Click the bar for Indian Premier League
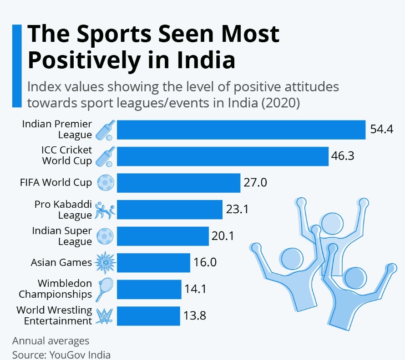coord(241,130)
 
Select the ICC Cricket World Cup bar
coord(223,156)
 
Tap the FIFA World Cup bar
coord(178,183)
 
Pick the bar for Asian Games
coord(153,262)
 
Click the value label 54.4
coord(381,130)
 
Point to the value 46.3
coord(343,156)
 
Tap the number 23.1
coord(237,210)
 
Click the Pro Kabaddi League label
coord(63,210)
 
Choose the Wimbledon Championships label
coord(56,289)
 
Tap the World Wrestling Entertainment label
coord(54,315)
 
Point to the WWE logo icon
coord(105,316)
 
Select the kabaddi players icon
coord(105,210)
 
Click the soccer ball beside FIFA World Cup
coord(106,183)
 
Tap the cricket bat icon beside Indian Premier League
coord(105,130)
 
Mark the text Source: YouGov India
coord(61,355)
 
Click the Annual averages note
coord(51,341)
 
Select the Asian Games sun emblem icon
coord(105,262)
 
